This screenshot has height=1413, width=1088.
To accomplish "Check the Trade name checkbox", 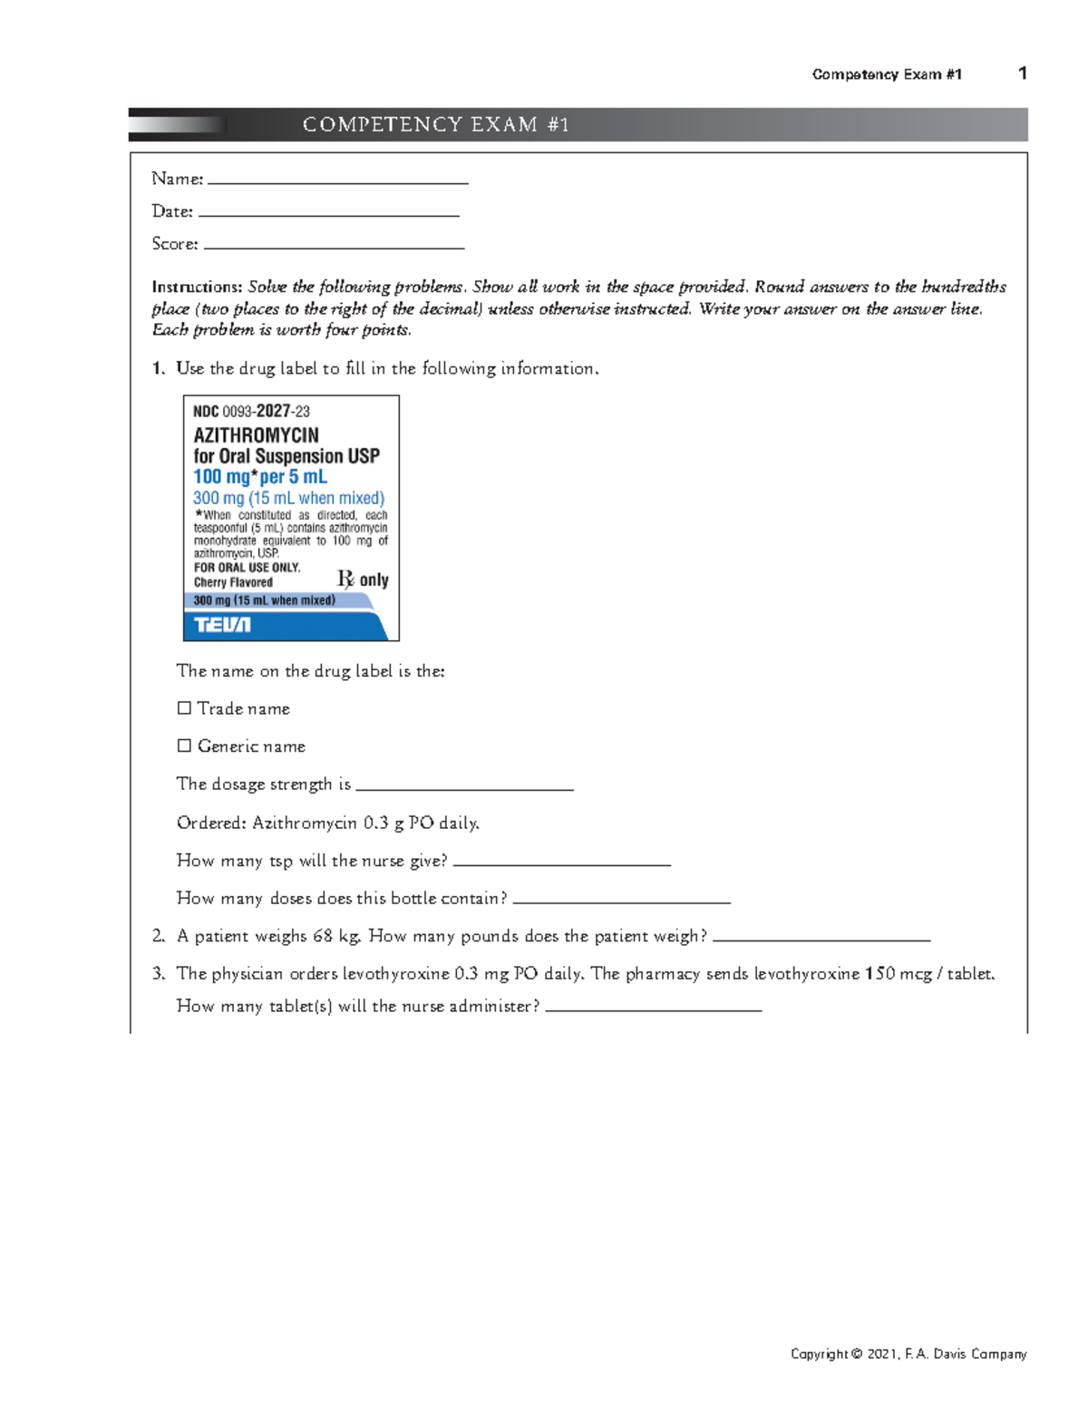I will [184, 707].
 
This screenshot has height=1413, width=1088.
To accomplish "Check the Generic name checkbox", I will [184, 745].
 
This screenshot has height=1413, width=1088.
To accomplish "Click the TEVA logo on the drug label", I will [222, 625].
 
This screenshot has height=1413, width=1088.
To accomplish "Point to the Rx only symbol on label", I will [363, 580].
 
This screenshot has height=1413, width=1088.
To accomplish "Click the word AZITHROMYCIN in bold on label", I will [256, 435].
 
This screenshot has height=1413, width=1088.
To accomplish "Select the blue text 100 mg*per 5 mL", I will [260, 477].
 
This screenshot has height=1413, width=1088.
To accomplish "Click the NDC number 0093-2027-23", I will [252, 411].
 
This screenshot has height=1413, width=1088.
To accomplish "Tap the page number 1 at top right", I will [1023, 73].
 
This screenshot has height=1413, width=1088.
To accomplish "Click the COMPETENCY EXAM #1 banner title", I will [436, 124].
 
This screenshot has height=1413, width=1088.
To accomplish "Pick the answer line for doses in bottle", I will [621, 901].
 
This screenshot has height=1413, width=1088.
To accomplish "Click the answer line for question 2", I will [821, 939].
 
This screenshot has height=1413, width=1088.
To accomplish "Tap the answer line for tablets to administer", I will [653, 1009].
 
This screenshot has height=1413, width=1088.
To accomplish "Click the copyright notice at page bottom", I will [908, 1354].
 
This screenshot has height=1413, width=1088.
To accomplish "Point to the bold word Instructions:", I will [197, 287].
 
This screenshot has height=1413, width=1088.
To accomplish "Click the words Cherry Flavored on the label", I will [233, 582].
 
